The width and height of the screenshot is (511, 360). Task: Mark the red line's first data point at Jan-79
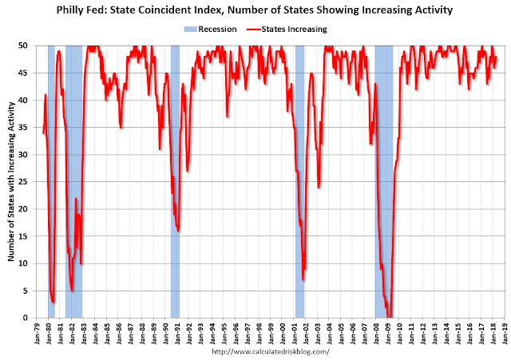coord(43,133)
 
